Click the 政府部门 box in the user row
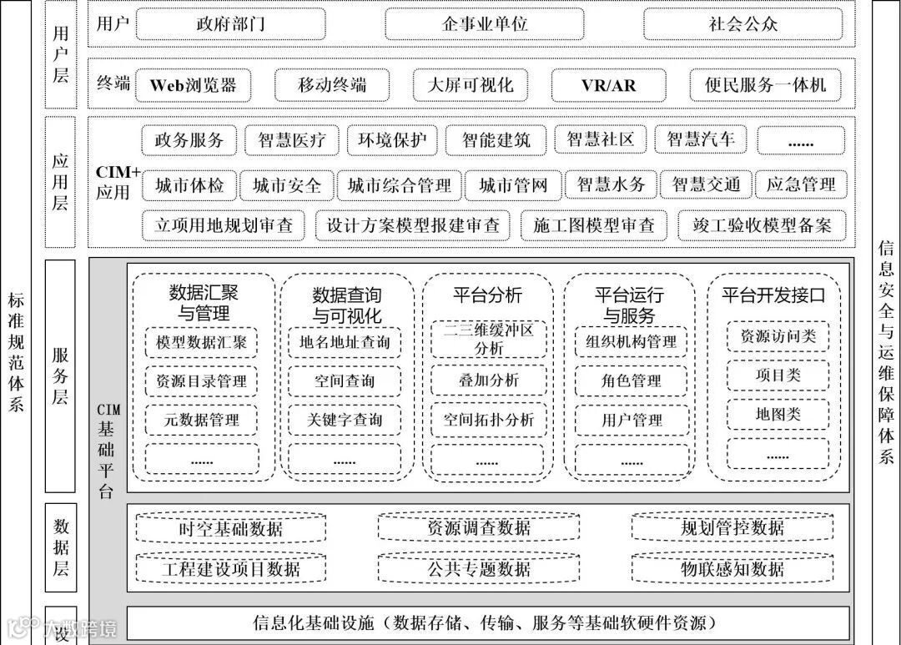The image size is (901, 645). [231, 24]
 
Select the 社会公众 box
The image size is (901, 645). [743, 24]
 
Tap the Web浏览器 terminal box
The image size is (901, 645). [194, 85]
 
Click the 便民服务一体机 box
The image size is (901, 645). [765, 85]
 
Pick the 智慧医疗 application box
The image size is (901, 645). [292, 140]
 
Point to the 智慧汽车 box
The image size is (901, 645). [701, 140]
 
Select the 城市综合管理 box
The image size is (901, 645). [400, 185]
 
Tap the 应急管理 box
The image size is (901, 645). [800, 185]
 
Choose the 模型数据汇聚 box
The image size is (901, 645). [202, 342]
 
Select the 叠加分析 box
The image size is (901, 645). [487, 380]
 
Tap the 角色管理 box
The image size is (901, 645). [632, 380]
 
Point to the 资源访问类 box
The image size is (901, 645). [778, 337]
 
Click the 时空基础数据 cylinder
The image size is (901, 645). [231, 528]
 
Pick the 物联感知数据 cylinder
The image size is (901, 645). [732, 569]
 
